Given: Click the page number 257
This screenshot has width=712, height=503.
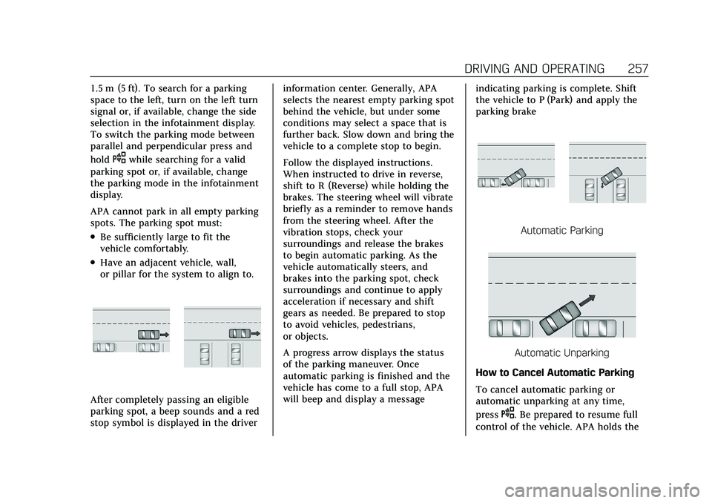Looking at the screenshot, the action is pos(638,68).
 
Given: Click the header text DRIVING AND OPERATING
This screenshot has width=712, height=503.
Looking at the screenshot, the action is pos(535,68).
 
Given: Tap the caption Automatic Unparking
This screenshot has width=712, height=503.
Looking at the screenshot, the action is pos(561,352).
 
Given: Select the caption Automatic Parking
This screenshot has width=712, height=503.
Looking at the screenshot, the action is pos(561,231).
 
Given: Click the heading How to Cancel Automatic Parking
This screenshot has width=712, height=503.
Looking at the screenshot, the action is pos(555,372).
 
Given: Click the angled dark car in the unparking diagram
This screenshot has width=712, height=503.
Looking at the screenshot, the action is pos(561,315).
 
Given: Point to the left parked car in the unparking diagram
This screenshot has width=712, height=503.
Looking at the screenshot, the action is pos(509,328).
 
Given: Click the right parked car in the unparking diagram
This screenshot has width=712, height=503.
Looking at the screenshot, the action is pos(596,328).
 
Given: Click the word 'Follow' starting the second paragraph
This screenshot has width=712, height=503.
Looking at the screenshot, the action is pos(297,162).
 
